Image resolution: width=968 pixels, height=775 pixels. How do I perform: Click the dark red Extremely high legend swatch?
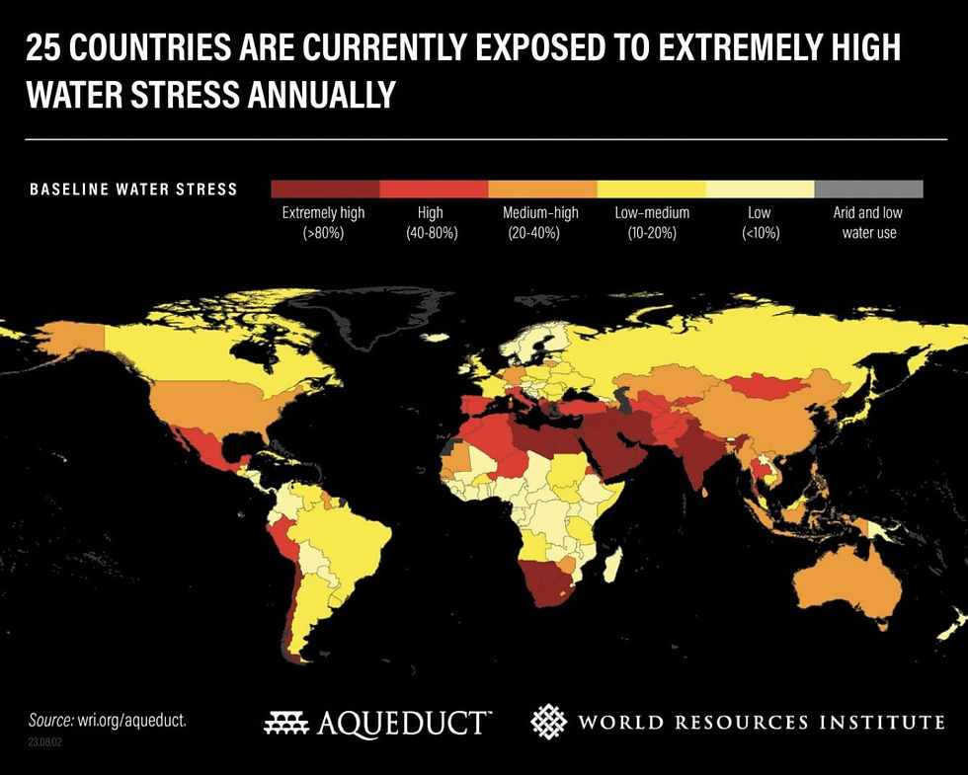325,189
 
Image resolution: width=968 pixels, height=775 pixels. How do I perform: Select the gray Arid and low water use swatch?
868,189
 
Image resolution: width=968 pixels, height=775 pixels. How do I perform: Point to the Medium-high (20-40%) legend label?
540,223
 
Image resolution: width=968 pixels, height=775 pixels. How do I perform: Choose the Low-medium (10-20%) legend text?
650,223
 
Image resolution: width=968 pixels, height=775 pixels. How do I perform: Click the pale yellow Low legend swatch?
760,189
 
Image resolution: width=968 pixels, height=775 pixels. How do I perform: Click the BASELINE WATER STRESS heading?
133,189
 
